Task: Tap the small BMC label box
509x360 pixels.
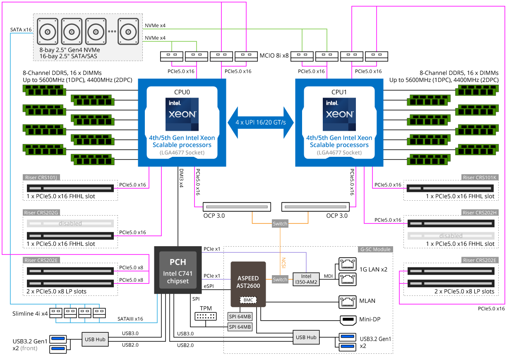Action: [x=248, y=299]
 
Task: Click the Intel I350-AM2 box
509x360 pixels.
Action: [x=306, y=279]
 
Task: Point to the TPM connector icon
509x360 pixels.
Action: [x=205, y=316]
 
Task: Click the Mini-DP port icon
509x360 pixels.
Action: [x=348, y=319]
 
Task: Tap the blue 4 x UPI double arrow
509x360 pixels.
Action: [x=261, y=122]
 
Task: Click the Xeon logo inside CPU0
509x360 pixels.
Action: [x=182, y=115]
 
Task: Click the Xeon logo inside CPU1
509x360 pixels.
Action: [x=339, y=115]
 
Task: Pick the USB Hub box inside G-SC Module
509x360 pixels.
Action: [x=306, y=337]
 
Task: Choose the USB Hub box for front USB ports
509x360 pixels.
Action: [x=95, y=339]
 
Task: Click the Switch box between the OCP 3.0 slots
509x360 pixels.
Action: [x=280, y=224]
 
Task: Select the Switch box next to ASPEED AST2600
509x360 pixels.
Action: [x=280, y=279]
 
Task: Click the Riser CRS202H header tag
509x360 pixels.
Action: [x=479, y=213]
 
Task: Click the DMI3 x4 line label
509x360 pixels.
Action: [x=181, y=178]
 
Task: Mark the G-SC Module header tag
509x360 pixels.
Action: [x=375, y=250]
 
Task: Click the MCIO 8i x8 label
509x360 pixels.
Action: [x=274, y=54]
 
